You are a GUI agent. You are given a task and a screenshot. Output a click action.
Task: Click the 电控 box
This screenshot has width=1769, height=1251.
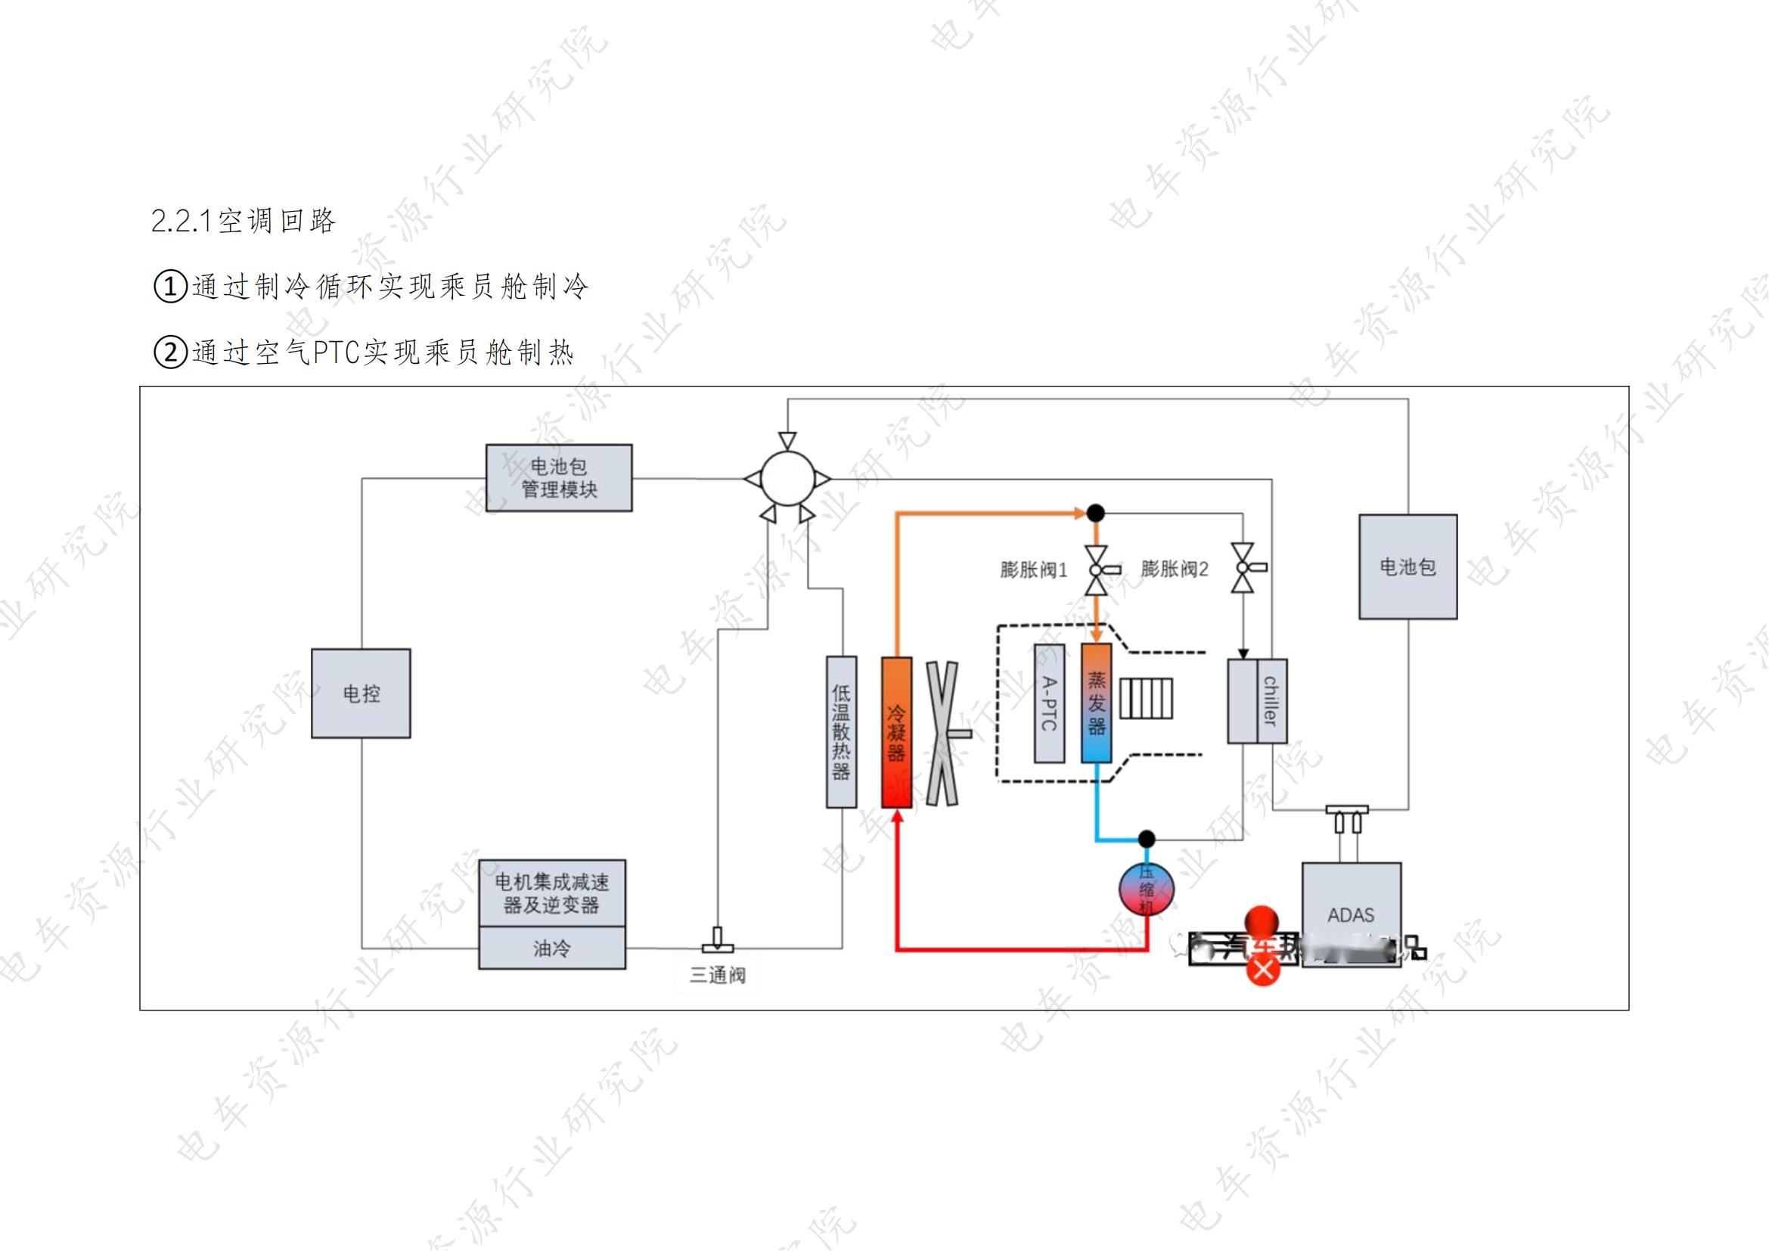tap(361, 694)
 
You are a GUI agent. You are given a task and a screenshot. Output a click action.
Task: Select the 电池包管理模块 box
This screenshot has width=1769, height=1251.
tap(559, 477)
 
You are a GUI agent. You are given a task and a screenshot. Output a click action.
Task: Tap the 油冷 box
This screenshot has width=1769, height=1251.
tap(551, 948)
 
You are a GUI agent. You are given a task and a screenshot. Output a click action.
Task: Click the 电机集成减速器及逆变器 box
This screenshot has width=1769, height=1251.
tap(551, 892)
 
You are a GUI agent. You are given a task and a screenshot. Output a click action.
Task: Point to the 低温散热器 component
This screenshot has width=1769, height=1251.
tap(840, 732)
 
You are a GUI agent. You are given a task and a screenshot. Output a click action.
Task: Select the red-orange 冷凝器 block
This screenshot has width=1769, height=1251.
tap(896, 732)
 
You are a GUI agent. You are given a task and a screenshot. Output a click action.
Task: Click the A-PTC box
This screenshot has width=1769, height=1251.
tap(1048, 703)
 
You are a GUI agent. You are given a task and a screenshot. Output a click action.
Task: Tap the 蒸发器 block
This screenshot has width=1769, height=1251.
tap(1096, 703)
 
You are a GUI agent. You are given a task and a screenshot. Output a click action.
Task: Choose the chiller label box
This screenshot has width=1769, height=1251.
tap(1271, 701)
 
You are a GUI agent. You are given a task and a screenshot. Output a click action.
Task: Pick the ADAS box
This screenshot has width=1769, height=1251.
tap(1351, 914)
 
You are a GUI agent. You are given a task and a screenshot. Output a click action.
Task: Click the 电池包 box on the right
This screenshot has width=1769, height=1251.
tap(1407, 567)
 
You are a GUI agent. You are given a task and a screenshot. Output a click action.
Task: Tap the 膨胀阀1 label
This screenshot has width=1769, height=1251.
tap(1033, 570)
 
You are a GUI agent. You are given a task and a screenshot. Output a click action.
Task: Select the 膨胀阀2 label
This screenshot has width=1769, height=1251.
tap(1175, 570)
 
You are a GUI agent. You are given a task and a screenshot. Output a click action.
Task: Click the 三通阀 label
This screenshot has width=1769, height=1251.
tap(717, 976)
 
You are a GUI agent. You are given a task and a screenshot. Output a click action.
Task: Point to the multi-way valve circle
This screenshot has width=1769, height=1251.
tap(787, 478)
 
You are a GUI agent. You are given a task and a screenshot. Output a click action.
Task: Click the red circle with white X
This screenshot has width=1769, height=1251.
tap(1263, 970)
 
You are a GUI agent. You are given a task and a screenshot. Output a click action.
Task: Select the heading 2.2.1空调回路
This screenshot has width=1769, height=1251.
tap(244, 221)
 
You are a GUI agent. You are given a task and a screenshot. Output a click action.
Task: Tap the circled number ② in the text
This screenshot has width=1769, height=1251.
tap(171, 352)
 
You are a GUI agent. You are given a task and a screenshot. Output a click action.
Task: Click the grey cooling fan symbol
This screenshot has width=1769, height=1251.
tap(943, 734)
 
